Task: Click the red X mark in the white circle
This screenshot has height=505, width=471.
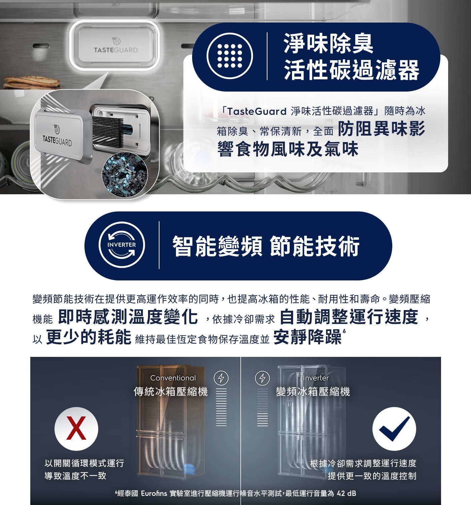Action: (x=76, y=429)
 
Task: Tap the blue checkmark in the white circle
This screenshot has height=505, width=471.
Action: (x=394, y=429)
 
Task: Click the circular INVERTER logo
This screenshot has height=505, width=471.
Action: (x=121, y=245)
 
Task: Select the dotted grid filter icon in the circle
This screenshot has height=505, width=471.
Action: (x=229, y=56)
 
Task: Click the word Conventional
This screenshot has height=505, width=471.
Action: (x=173, y=378)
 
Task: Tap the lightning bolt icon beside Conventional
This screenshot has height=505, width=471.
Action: (x=221, y=378)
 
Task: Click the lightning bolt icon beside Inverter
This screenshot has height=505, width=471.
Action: (x=262, y=378)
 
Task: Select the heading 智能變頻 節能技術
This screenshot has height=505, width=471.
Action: (x=266, y=246)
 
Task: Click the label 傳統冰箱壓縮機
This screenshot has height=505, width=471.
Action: (x=171, y=392)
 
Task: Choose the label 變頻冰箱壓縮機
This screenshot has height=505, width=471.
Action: (x=313, y=392)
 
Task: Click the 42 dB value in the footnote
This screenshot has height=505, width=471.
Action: (x=346, y=494)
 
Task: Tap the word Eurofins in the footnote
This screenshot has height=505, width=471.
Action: (x=154, y=494)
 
